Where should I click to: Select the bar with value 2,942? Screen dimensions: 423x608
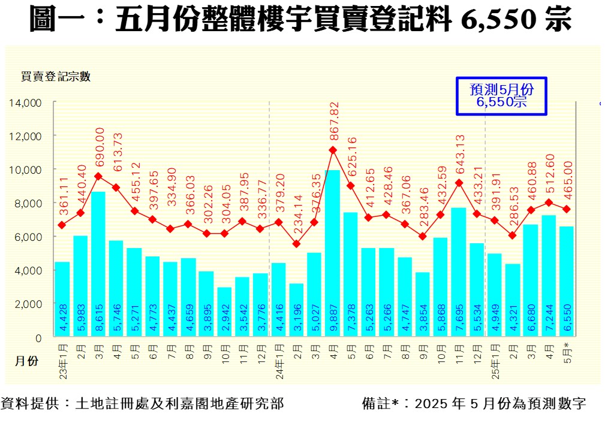pos(224,312)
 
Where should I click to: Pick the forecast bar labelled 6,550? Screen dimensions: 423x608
pos(566,282)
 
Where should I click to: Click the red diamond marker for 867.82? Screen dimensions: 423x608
pos(333,150)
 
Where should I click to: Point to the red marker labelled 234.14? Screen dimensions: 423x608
pos(296,243)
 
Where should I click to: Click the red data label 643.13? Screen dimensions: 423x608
pos(459,156)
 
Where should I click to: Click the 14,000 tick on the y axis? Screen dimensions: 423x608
pos(25,103)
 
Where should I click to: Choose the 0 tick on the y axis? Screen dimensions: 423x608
pos(38,338)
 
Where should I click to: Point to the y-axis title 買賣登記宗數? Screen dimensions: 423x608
pos(55,76)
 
